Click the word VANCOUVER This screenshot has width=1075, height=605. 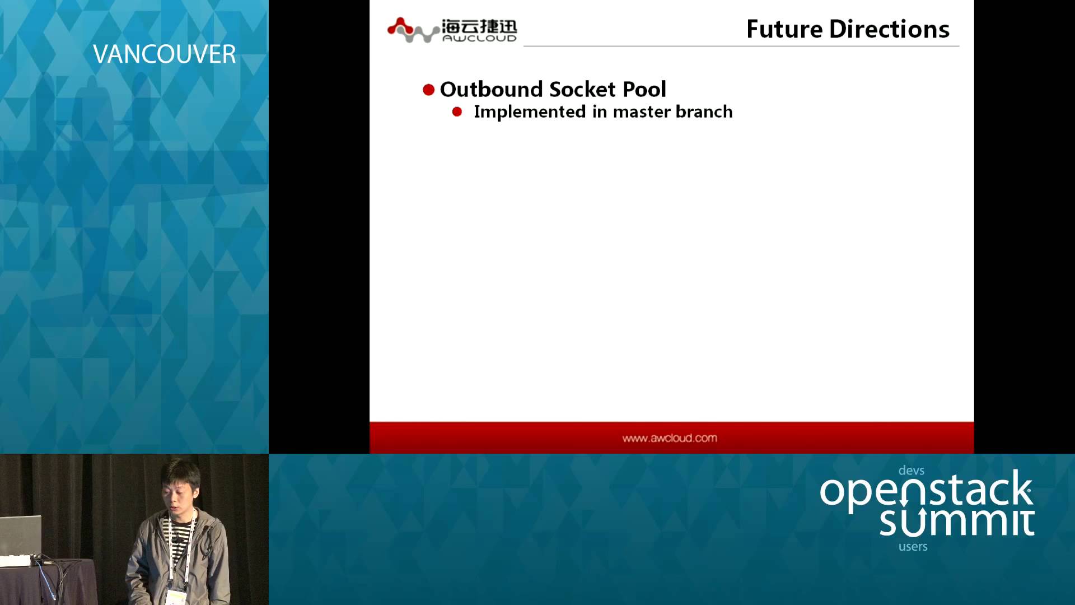164,54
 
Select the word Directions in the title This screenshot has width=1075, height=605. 889,29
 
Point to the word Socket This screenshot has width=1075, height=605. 583,89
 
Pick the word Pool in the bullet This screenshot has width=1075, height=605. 644,89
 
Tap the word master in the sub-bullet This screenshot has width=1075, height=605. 642,112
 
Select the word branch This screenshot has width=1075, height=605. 704,111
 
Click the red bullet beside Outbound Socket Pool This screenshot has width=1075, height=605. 429,90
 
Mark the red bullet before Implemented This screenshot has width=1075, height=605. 457,112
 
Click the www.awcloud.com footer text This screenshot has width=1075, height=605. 670,438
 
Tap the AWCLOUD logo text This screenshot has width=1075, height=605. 479,38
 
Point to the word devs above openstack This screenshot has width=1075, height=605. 912,471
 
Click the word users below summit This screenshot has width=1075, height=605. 913,546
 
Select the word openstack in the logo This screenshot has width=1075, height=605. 926,490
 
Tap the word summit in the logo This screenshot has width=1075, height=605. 956,522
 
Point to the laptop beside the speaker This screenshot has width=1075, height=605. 21,535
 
